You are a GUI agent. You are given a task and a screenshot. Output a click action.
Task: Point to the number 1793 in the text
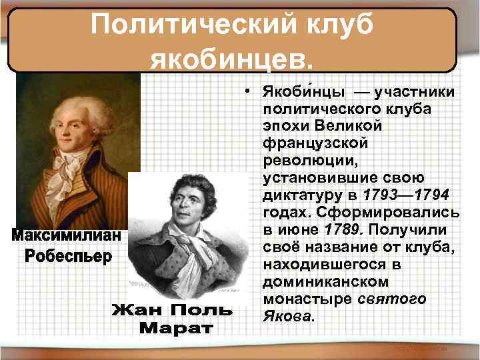click(383, 194)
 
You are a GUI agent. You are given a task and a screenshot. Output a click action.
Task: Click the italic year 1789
click(341, 229)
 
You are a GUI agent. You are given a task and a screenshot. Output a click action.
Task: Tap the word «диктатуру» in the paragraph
click(304, 194)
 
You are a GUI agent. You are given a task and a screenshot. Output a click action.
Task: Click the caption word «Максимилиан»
click(67, 237)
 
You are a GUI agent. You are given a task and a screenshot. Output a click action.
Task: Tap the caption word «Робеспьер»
click(67, 257)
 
